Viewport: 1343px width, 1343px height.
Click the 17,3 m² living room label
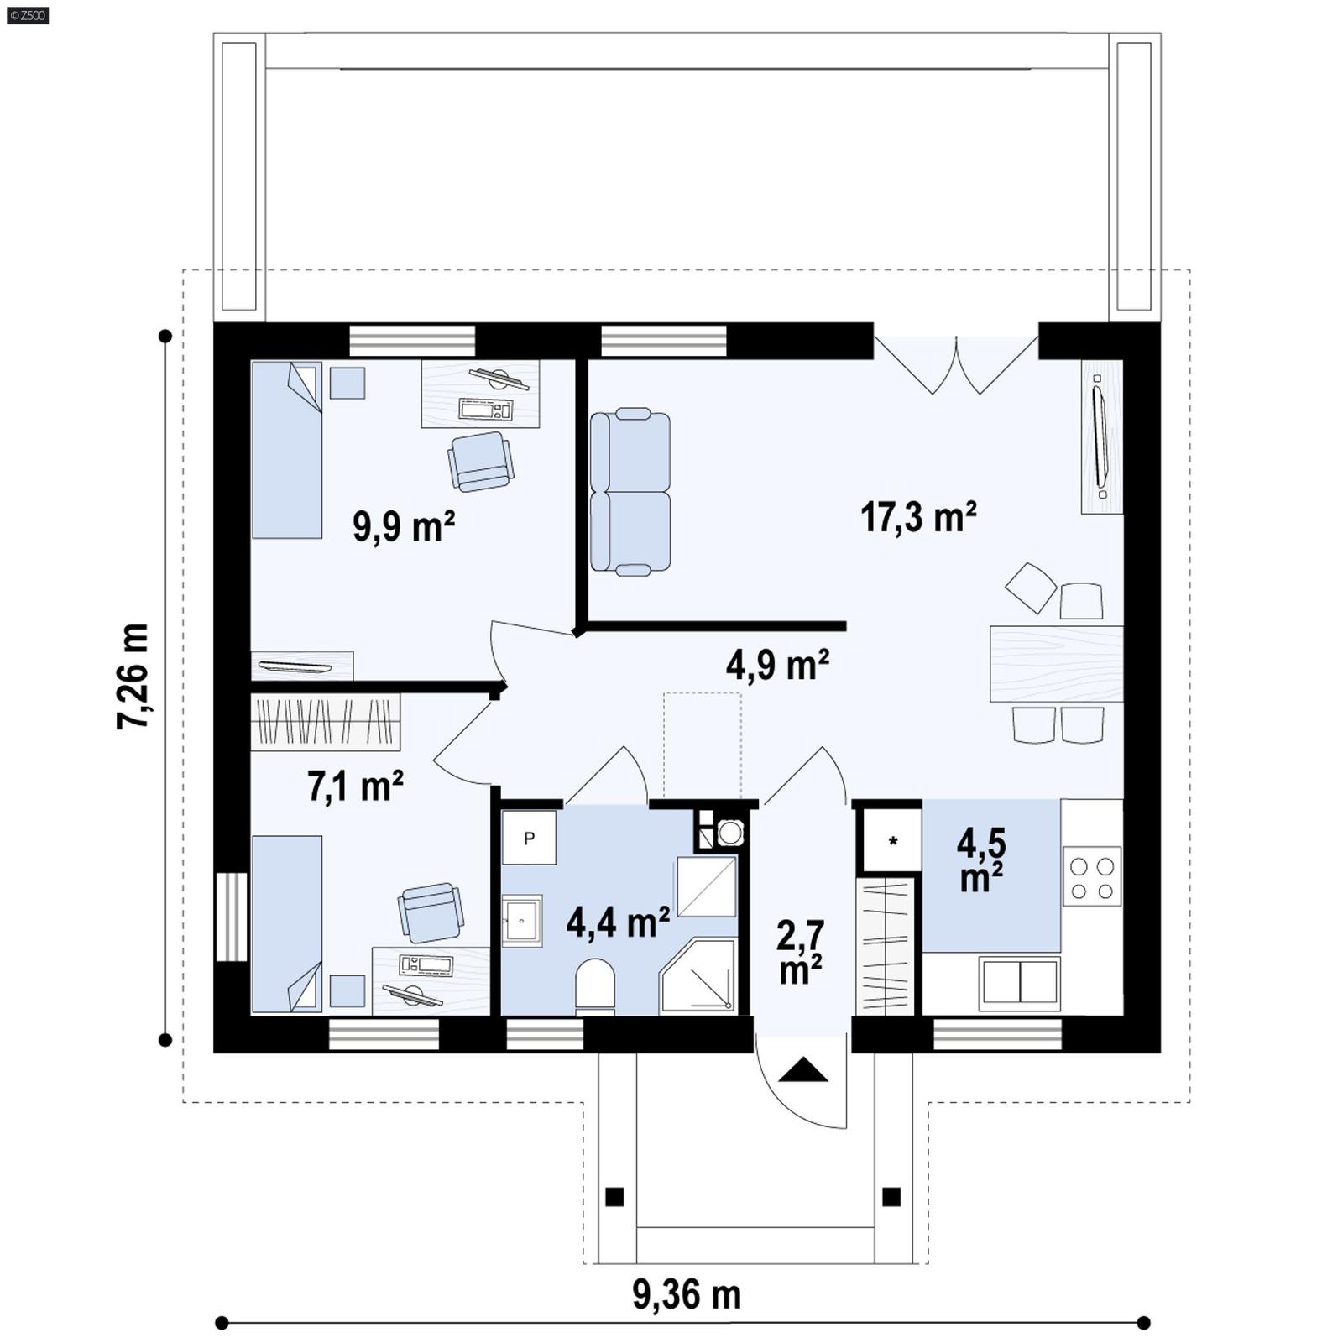point(918,517)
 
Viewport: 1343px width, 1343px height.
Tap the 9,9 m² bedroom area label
point(404,527)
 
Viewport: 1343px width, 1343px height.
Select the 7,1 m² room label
point(355,786)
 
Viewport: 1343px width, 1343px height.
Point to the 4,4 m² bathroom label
point(618,922)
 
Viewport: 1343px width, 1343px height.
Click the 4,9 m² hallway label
point(778,665)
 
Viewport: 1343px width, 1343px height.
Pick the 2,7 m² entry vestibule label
point(801,952)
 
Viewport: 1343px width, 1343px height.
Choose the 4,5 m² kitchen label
point(981,860)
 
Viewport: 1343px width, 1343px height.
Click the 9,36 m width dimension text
point(687,1294)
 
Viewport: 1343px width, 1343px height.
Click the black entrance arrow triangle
point(803,1070)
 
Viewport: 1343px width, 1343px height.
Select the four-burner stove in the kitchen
point(1092,877)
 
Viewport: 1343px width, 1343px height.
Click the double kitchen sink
point(1019,982)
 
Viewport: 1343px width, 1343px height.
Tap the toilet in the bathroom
point(595,987)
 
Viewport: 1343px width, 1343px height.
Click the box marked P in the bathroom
point(529,838)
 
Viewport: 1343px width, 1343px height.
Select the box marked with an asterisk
point(892,840)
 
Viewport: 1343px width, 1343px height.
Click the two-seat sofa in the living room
point(630,492)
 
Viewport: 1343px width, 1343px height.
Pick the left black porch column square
point(614,1196)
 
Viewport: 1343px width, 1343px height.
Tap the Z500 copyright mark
point(27,14)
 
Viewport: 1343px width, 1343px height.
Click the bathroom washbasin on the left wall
point(522,921)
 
